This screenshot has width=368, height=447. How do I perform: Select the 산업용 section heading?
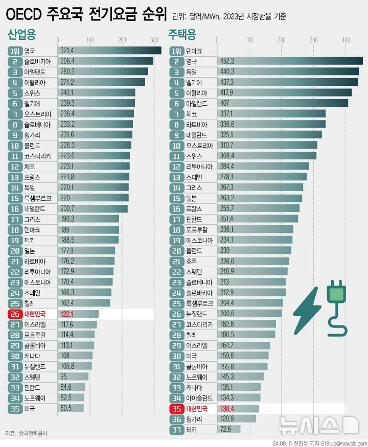click(x=22, y=35)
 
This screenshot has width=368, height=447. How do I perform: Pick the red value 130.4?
click(x=228, y=408)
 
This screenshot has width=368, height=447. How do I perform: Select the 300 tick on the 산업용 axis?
click(x=154, y=40)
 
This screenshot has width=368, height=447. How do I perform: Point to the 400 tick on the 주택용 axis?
click(x=346, y=40)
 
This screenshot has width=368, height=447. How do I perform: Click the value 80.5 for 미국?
click(x=65, y=408)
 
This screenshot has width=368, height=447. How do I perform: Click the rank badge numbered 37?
click(x=176, y=429)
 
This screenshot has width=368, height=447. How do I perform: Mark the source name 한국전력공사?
click(x=33, y=434)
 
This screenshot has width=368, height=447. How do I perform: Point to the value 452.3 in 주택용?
click(x=228, y=61)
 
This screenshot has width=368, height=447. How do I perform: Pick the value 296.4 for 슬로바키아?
click(x=67, y=61)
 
